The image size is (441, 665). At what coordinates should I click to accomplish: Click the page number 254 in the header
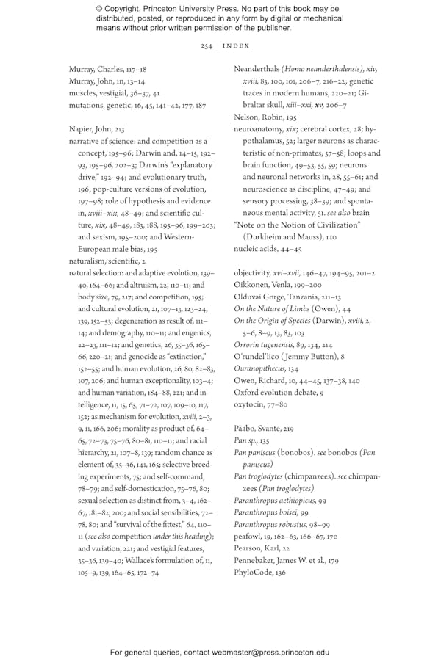coord(206,46)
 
